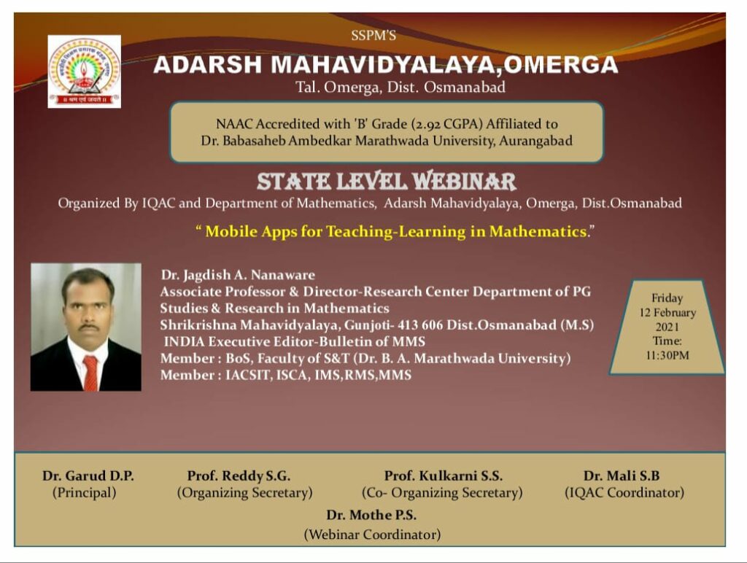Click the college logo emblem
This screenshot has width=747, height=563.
pyautogui.click(x=85, y=71)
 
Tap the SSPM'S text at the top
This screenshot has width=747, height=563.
pyautogui.click(x=373, y=36)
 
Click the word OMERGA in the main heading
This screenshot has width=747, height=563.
pyautogui.click(x=560, y=65)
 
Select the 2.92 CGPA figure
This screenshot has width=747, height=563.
pyautogui.click(x=449, y=124)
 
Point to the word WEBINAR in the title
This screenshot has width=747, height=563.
pyautogui.click(x=463, y=181)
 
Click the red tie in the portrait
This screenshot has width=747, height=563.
pyautogui.click(x=90, y=373)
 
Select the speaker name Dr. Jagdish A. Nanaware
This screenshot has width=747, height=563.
pyautogui.click(x=238, y=275)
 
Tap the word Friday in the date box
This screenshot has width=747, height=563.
pyautogui.click(x=667, y=298)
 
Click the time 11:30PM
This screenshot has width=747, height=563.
pyautogui.click(x=667, y=355)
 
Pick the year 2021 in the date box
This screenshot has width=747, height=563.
pyautogui.click(x=667, y=327)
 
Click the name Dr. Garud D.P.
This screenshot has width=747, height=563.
pyautogui.click(x=88, y=475)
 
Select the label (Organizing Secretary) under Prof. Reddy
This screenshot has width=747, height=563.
pyautogui.click(x=245, y=492)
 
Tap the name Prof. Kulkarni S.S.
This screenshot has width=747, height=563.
pyautogui.click(x=443, y=475)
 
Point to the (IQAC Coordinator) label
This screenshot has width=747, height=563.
pyautogui.click(x=624, y=492)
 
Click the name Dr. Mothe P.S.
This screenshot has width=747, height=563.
pyautogui.click(x=371, y=515)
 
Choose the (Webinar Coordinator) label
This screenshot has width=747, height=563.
pyautogui.click(x=372, y=535)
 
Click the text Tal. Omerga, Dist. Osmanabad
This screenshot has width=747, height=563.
pyautogui.click(x=400, y=88)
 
